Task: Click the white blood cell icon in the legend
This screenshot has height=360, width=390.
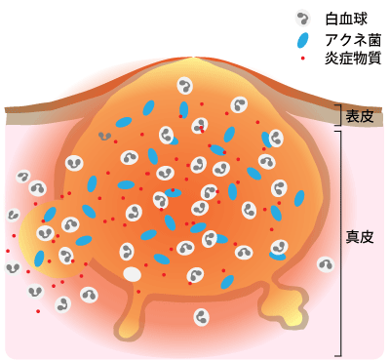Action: point(303,19)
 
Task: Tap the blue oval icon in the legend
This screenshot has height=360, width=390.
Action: point(303,41)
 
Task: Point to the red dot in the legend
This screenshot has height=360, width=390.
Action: point(303,60)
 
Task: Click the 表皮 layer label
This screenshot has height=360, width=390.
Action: point(360,117)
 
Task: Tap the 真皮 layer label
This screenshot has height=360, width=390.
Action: point(360,237)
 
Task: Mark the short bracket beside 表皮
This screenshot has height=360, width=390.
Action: point(338,117)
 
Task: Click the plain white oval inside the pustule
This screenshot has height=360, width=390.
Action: point(132,274)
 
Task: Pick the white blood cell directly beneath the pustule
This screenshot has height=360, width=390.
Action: point(201,316)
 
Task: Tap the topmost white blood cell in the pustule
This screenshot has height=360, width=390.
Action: point(185,86)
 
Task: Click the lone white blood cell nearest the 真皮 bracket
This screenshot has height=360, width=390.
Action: point(325,264)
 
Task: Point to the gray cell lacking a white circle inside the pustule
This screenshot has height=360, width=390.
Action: point(104,136)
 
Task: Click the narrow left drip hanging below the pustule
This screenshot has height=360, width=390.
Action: point(130,314)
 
